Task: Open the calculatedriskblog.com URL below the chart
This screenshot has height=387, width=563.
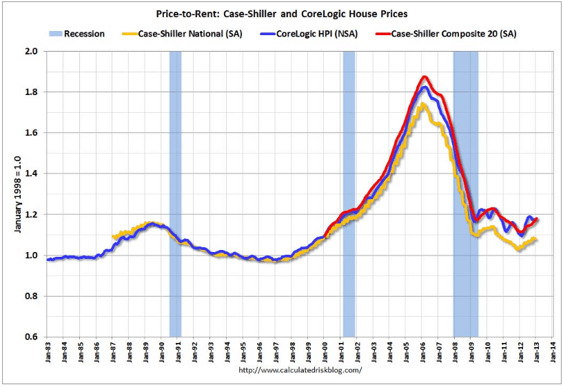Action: (x=300, y=370)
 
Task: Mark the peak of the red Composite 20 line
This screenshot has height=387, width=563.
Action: (x=424, y=77)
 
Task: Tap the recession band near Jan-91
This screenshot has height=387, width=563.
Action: (x=175, y=193)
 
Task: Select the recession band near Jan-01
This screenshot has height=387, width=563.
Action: (x=349, y=193)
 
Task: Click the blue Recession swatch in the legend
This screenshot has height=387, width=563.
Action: (x=55, y=32)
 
